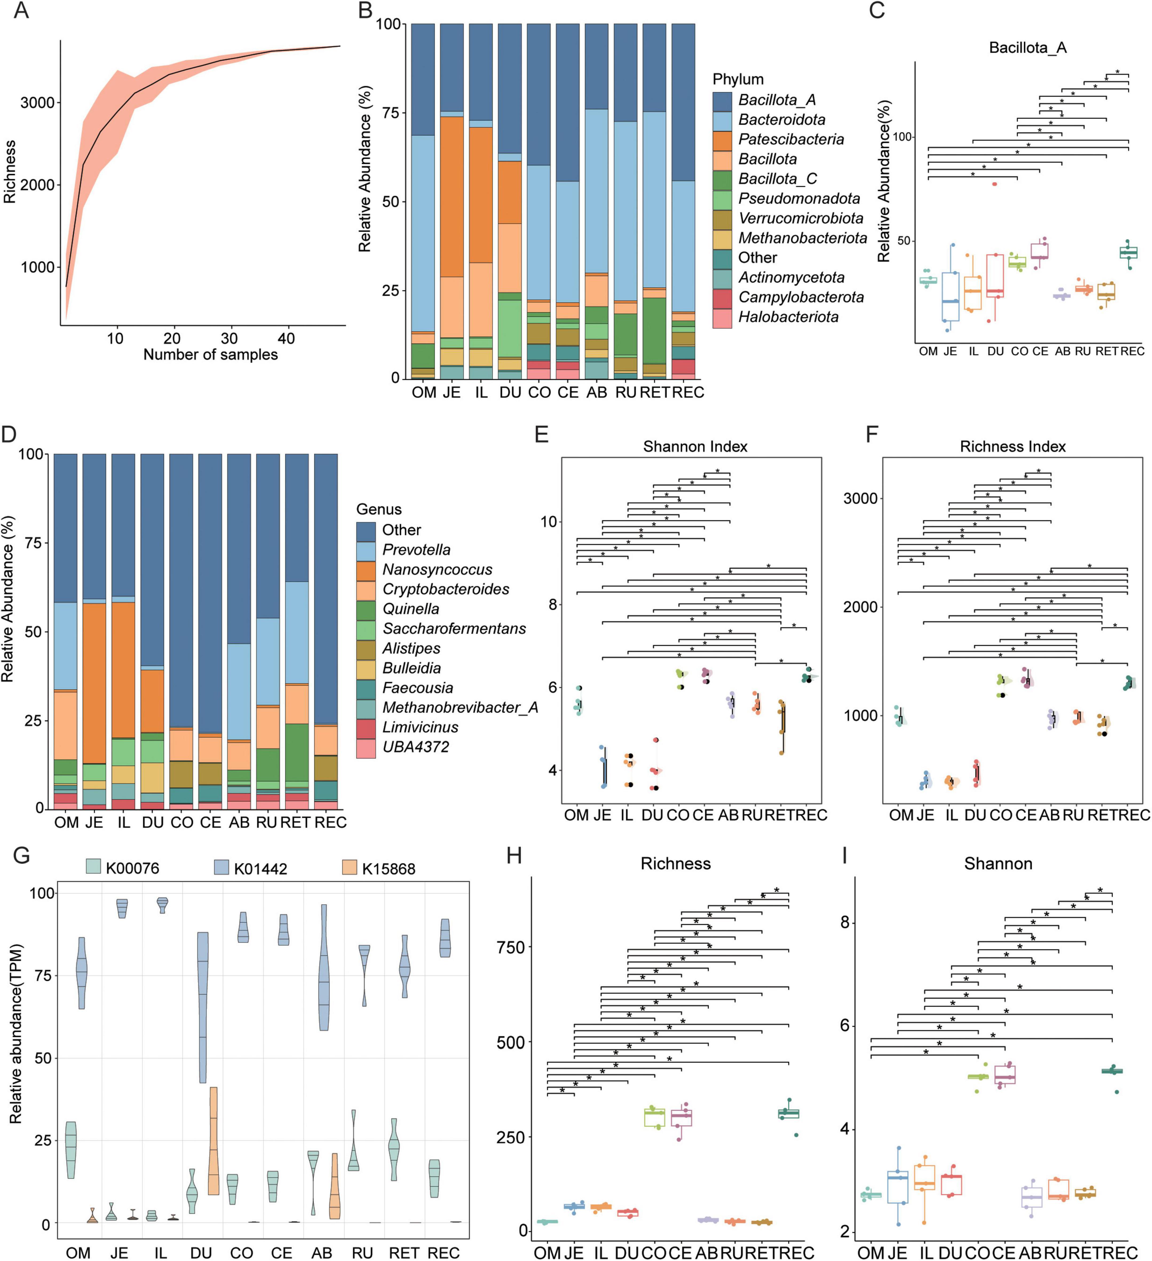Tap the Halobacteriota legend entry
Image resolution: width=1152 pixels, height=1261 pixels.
788,317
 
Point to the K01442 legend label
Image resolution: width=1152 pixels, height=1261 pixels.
260,869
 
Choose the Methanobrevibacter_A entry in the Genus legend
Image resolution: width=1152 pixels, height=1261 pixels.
460,707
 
